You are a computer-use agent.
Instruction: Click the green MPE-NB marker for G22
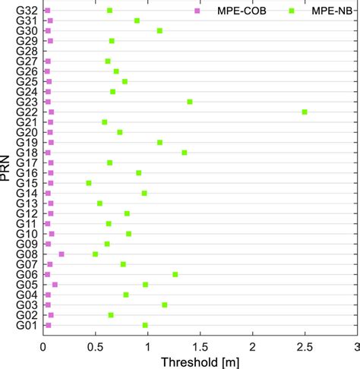[305, 112]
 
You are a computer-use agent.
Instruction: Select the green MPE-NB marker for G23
[190, 102]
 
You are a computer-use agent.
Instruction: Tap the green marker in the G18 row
[185, 153]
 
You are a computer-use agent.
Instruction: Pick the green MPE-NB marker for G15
[89, 183]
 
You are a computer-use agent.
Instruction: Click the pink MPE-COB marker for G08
[62, 254]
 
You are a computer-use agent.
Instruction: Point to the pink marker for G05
[55, 285]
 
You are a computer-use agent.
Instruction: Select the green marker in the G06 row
[175, 274]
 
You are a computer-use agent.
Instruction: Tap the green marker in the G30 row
[159, 30]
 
